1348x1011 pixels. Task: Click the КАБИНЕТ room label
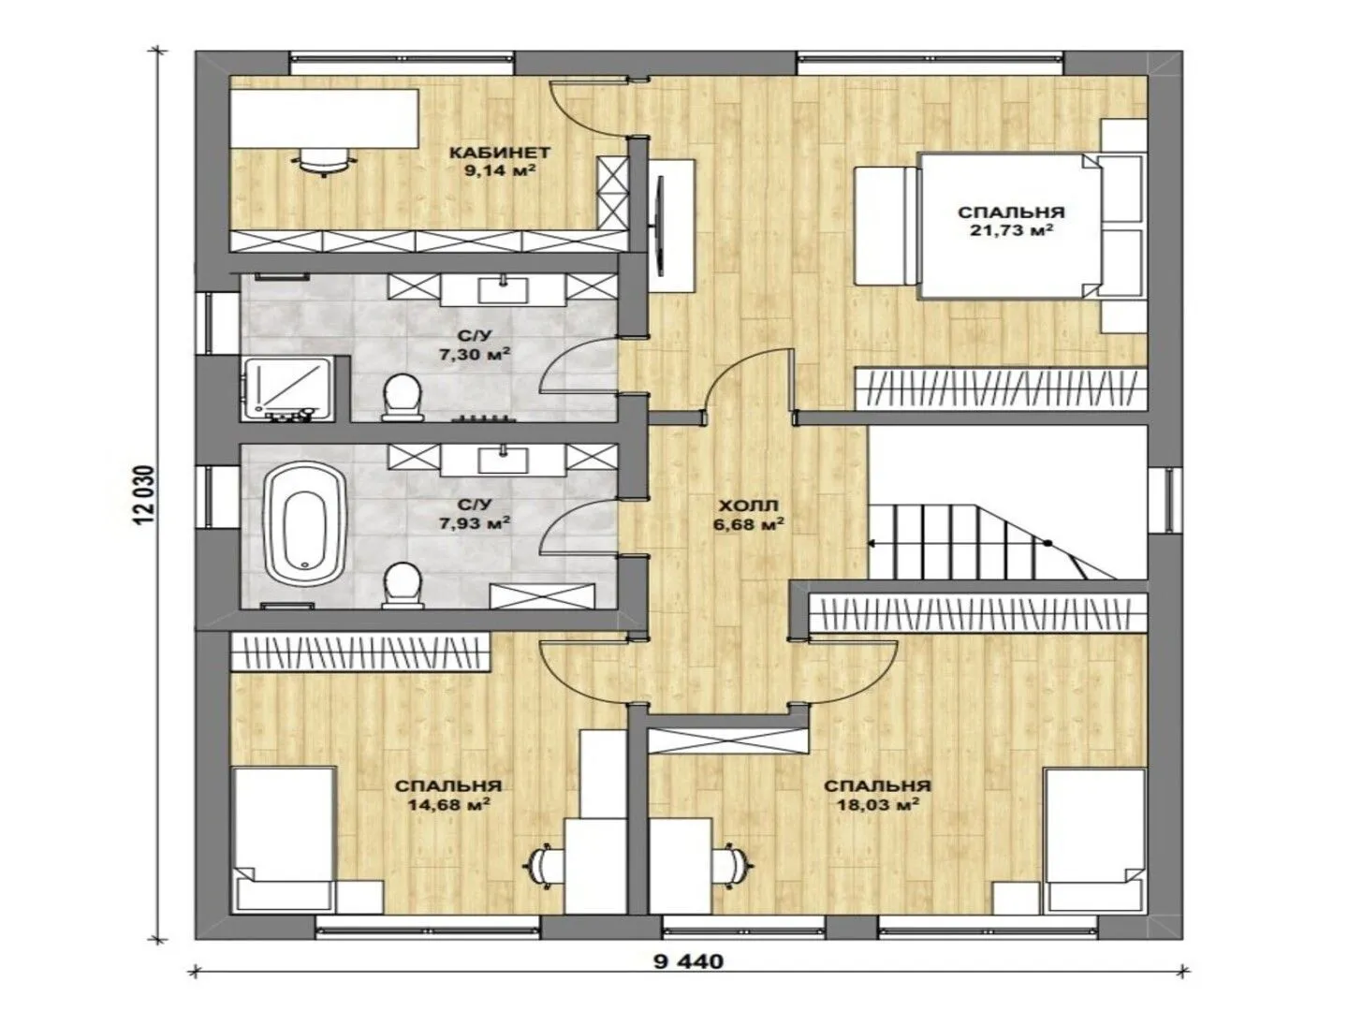coord(499,152)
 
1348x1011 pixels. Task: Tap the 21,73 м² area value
coord(1011,230)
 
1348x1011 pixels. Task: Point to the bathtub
coord(304,526)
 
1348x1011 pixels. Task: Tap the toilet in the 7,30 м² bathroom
coord(403,397)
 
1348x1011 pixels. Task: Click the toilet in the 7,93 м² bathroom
coord(403,585)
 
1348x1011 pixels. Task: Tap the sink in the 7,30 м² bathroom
coord(503,290)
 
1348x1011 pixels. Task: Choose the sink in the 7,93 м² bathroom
coord(503,460)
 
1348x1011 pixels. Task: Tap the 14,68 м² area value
coord(448,803)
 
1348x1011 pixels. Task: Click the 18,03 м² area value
coord(877,803)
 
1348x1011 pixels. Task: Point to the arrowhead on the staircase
coord(872,543)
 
